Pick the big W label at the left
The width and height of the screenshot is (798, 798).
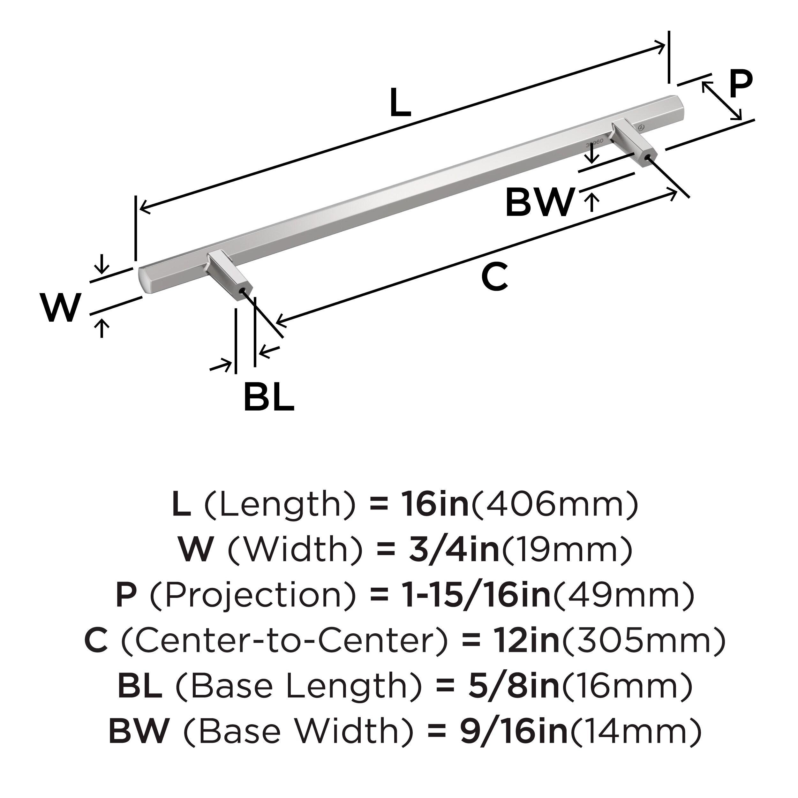tap(60, 308)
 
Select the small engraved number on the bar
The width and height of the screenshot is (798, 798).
tap(595, 142)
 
